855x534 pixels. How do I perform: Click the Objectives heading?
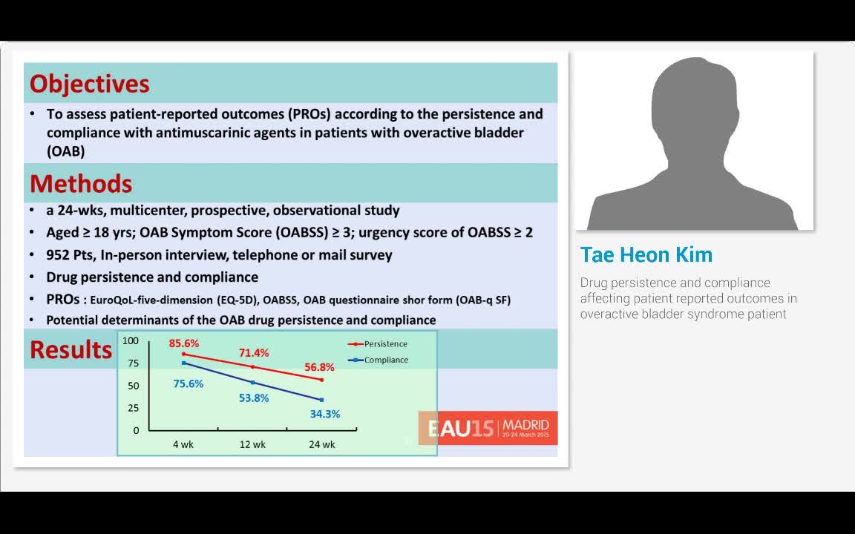89,84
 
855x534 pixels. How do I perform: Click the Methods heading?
81,183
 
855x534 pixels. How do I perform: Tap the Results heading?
71,349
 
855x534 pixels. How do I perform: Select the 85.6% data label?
184,343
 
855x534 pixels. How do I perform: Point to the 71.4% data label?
254,353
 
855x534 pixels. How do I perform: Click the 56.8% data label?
319,367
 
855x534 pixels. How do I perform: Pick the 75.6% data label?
188,384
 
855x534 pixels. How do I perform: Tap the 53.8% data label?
254,398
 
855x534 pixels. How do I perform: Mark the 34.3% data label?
325,415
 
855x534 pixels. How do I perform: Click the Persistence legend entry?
385,344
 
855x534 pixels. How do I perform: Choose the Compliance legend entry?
386,360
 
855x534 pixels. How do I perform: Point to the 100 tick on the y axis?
131,341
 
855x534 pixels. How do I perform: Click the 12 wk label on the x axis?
252,445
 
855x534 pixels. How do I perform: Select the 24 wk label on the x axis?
322,445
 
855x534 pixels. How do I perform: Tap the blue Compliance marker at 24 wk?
321,400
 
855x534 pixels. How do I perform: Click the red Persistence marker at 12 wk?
253,367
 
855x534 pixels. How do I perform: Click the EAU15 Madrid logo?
488,428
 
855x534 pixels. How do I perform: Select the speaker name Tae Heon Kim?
646,255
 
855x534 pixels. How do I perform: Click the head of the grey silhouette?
693,104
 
